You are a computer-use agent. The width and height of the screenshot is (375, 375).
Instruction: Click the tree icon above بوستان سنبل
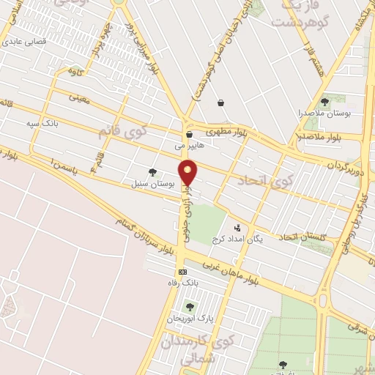(x=152, y=172)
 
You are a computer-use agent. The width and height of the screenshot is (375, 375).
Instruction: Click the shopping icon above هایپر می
(x=189, y=134)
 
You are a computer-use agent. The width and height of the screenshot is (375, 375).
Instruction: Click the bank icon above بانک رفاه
(x=182, y=271)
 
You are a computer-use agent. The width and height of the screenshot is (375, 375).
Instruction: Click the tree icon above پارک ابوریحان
(x=190, y=307)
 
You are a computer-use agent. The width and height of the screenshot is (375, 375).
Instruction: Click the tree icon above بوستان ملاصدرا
(x=324, y=102)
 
